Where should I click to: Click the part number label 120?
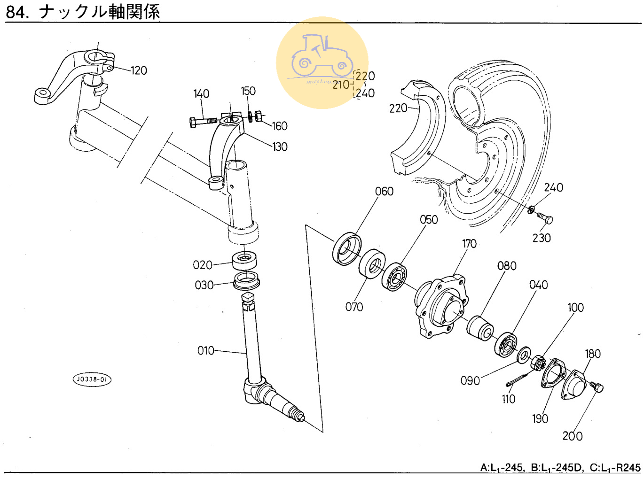[139, 70]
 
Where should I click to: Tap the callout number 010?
[205, 351]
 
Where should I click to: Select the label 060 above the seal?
[384, 192]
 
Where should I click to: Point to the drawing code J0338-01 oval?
[92, 379]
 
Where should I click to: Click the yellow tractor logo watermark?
[322, 62]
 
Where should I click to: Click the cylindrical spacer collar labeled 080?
[480, 327]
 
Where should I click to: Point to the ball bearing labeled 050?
[394, 277]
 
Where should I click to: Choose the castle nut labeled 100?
[538, 363]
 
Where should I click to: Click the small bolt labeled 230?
[545, 218]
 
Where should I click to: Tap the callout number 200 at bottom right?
[572, 436]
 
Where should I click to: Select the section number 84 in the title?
[16, 12]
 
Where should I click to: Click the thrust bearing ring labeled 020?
[244, 260]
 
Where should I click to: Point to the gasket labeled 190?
[552, 373]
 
